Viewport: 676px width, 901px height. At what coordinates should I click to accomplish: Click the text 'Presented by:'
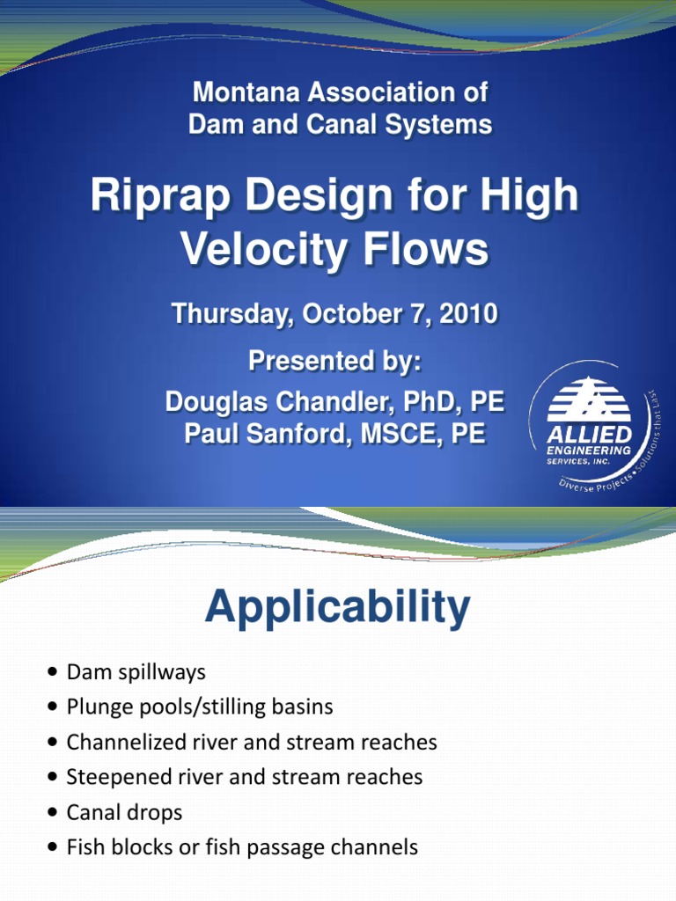pos(334,362)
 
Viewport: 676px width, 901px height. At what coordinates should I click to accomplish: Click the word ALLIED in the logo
pos(589,435)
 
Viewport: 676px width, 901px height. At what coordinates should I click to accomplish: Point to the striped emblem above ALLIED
pos(588,400)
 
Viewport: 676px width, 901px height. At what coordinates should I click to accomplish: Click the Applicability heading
pos(337,608)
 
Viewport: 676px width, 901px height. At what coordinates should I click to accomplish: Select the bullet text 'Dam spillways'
pos(136,672)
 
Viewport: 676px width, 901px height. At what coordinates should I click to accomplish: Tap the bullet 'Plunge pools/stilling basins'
pos(200,707)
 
